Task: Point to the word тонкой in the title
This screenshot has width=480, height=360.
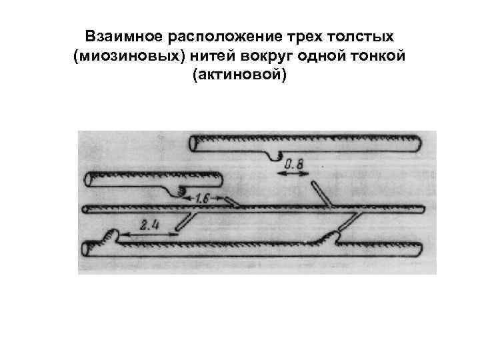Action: click(380, 56)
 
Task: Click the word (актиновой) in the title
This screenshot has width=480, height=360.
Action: click(239, 77)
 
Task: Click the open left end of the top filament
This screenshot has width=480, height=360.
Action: click(193, 142)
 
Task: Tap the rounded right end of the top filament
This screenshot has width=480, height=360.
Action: click(418, 143)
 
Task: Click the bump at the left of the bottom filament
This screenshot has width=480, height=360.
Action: click(112, 235)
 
